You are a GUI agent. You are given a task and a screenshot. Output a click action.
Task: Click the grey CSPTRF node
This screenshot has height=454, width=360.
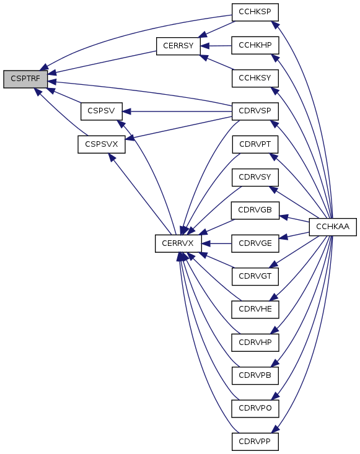25,79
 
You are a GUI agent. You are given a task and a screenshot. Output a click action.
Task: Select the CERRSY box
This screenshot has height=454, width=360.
178,46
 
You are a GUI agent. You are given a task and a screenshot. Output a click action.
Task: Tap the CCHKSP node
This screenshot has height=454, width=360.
255,12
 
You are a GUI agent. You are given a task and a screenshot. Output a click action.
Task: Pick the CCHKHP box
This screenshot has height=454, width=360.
255,45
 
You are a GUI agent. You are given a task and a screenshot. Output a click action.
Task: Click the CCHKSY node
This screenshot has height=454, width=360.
255,78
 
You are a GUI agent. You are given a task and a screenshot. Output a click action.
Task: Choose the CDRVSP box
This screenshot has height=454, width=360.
255,111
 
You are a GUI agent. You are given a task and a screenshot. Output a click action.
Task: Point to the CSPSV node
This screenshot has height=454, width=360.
102,111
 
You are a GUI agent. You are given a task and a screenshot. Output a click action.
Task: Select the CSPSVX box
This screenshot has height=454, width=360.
102,144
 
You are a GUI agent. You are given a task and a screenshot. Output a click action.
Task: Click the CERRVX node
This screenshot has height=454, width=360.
178,243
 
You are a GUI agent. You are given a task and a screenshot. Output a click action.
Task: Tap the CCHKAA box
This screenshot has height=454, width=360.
333,227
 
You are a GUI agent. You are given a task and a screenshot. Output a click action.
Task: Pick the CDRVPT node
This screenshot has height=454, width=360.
255,144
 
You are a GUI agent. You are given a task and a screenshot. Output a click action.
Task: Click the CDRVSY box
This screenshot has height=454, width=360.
255,177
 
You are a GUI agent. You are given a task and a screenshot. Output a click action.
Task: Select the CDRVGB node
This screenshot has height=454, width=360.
255,210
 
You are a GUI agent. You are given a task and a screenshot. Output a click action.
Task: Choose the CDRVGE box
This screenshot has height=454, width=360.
255,243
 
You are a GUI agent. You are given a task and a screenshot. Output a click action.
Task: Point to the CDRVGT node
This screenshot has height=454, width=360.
255,276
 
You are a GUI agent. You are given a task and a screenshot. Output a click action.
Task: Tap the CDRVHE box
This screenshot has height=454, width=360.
255,310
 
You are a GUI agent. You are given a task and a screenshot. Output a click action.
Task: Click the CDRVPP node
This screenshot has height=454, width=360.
255,442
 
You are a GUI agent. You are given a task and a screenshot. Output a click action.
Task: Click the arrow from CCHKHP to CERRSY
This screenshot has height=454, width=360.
216,46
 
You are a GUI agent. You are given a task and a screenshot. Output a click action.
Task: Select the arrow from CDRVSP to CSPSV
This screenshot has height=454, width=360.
177,111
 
